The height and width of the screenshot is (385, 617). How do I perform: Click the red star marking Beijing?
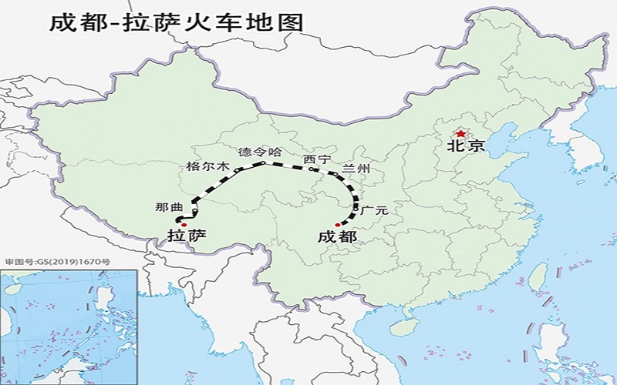461,134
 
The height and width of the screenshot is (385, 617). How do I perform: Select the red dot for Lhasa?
184,224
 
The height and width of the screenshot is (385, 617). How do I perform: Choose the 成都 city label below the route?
337,236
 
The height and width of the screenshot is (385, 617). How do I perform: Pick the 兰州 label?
358,169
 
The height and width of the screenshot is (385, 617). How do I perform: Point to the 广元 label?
373,209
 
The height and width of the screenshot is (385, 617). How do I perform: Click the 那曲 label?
168,207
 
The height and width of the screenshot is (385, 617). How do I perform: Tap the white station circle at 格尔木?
238,169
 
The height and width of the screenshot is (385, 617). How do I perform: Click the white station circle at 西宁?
309,167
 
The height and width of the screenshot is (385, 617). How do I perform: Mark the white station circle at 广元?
356,206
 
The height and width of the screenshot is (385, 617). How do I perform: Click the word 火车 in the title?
216,22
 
